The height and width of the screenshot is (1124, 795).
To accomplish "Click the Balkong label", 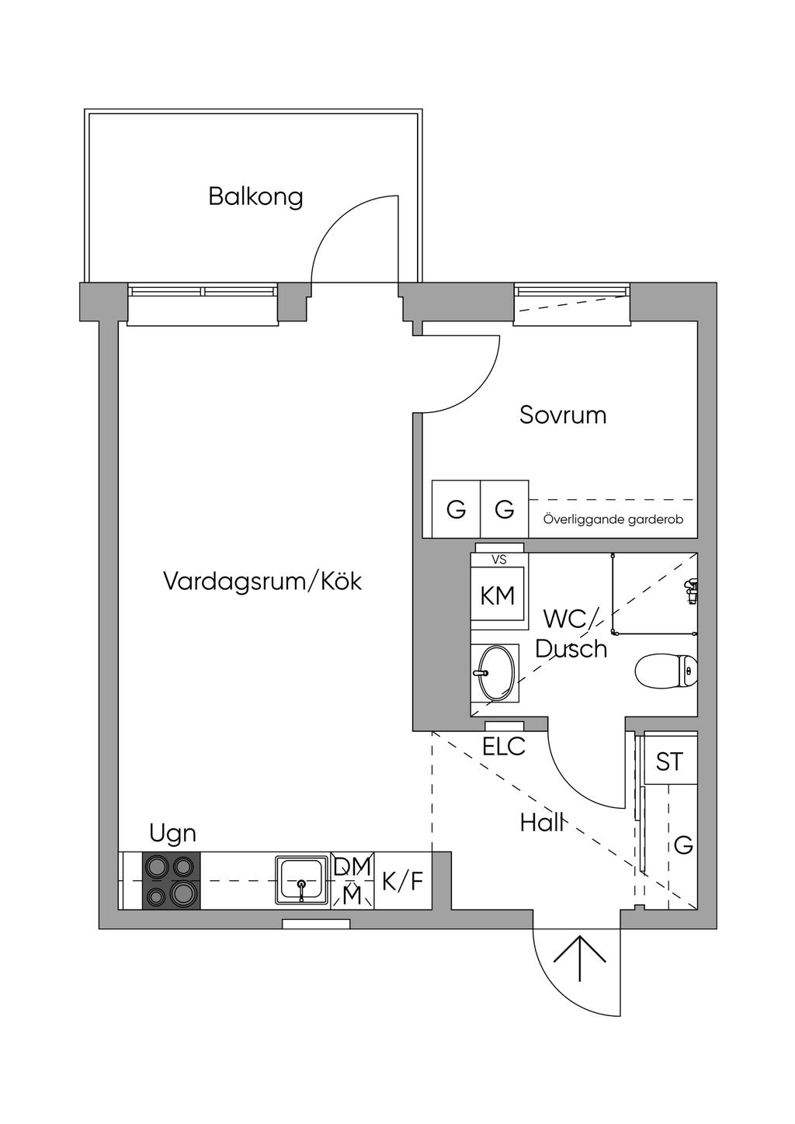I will [255, 196].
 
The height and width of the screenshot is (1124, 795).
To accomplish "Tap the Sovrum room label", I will [563, 415].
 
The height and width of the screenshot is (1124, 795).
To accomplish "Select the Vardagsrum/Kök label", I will [262, 581].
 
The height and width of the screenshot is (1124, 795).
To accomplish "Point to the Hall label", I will [541, 823].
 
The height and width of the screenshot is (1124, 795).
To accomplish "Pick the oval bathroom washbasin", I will [495, 672].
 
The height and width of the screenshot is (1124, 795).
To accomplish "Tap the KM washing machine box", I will [498, 595].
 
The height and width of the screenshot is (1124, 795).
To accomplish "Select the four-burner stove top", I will [171, 880].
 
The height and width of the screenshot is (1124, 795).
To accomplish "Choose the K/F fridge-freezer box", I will [403, 881].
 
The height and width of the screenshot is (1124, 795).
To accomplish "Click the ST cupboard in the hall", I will [670, 761].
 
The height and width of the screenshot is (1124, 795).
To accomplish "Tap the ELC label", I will [504, 747].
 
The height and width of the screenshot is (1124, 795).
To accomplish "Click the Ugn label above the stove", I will [172, 834].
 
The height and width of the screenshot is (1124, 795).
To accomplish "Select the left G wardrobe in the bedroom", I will [456, 510].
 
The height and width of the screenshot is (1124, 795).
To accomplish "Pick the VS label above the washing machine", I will [498, 558].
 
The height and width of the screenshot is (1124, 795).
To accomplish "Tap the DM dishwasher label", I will [353, 866].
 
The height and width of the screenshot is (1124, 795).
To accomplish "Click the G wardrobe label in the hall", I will [683, 845].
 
